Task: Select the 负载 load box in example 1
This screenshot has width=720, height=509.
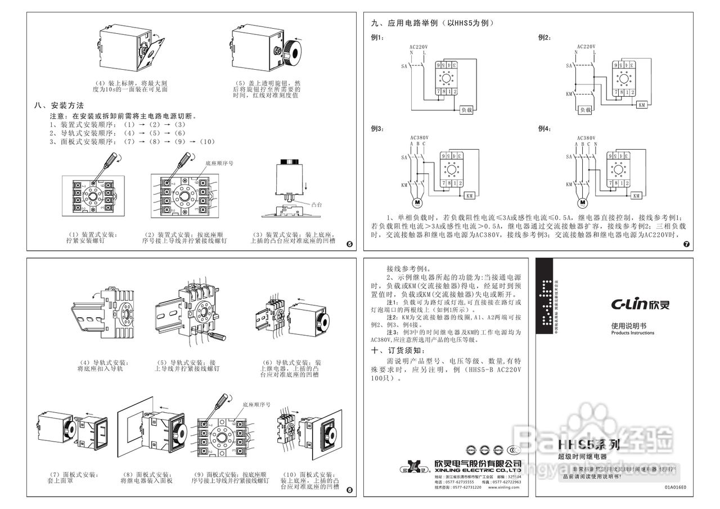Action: [x=466, y=110]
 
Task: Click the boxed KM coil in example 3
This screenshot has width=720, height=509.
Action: [x=469, y=196]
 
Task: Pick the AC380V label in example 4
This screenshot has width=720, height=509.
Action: [x=586, y=137]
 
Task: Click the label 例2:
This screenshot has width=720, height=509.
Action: [x=544, y=38]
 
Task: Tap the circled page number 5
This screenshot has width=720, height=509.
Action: [x=349, y=244]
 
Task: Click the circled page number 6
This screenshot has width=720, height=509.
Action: [x=349, y=490]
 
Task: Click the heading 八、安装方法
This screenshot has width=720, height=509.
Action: [x=59, y=105]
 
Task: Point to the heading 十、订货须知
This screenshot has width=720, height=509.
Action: [x=396, y=350]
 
